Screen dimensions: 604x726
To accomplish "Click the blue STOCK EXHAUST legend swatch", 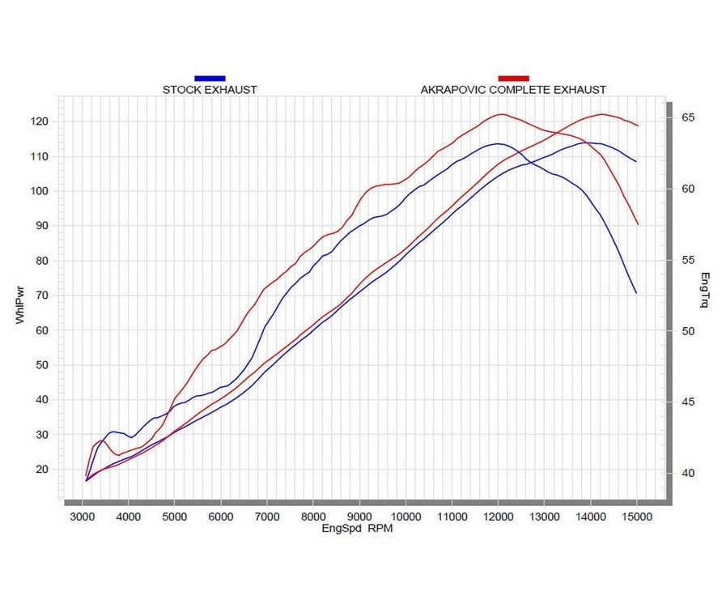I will click(x=210, y=78).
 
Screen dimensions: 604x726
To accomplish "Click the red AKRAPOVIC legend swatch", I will click(x=513, y=78).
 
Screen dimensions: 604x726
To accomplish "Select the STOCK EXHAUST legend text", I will click(x=210, y=89).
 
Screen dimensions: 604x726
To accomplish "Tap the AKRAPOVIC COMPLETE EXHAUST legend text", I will click(x=513, y=89).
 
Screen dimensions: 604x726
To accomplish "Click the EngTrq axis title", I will click(x=704, y=291).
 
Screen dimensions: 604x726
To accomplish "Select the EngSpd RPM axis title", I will click(x=357, y=528).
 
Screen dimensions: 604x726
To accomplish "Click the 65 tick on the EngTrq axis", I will click(x=688, y=118).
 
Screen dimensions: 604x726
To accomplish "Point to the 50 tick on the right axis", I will click(x=688, y=331).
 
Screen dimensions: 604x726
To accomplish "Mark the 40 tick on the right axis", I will click(x=688, y=474).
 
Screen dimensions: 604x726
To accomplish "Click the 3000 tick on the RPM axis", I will click(x=82, y=516).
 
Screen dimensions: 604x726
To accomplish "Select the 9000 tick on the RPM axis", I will click(x=359, y=516).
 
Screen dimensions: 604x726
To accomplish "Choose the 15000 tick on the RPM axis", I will click(x=636, y=516).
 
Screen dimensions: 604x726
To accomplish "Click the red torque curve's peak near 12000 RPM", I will click(x=501, y=114).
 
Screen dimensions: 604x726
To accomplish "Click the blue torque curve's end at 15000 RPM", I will click(x=636, y=293).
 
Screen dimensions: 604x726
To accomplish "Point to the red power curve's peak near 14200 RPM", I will click(x=601, y=114).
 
